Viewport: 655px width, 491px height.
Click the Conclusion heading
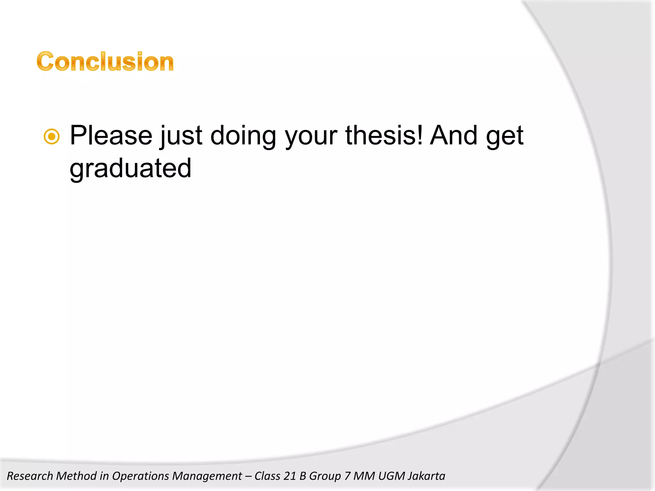pos(105,61)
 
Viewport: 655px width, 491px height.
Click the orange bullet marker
pos(51,137)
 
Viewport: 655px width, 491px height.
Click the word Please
pos(111,136)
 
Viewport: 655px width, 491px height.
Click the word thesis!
pos(384,136)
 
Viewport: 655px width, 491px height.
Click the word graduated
pos(130,169)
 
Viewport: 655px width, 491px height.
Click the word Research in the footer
pos(30,476)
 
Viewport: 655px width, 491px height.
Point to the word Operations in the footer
pos(140,476)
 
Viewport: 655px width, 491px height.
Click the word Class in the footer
pos(267,476)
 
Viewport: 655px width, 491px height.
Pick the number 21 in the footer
pos(290,476)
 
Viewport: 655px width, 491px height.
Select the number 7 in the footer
pos(347,476)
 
